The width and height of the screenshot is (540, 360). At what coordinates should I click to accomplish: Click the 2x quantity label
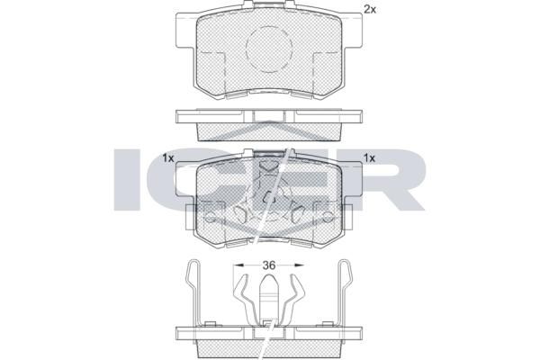click(370, 10)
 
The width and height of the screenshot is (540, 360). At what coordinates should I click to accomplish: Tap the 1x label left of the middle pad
click(168, 158)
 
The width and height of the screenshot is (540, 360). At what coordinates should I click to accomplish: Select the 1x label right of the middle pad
click(370, 158)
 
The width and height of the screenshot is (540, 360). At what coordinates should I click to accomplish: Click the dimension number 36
click(269, 265)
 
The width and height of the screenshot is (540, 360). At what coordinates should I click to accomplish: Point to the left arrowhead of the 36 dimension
click(238, 265)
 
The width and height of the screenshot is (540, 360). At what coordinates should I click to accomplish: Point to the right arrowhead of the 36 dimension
click(300, 265)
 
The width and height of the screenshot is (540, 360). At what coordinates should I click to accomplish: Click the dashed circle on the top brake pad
click(269, 49)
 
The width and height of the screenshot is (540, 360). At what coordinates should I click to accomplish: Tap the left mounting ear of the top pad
click(186, 31)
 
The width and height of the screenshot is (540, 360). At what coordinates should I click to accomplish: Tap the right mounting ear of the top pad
click(352, 31)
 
